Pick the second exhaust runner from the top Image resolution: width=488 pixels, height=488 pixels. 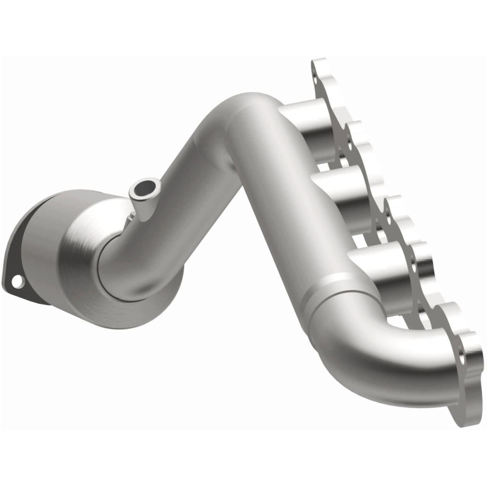coord(339,189)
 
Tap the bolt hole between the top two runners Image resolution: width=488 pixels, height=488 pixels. coord(348,146)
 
